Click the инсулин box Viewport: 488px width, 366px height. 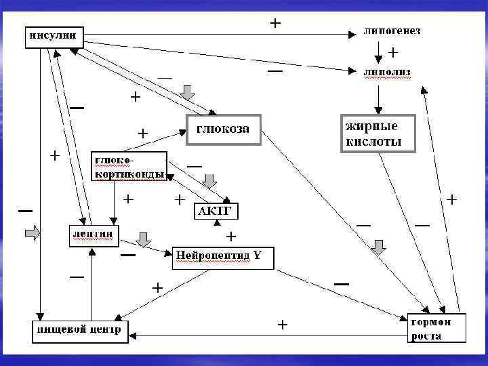coord(55,35)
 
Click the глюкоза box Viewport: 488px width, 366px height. coord(223,129)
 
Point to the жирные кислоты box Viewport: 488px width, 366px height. coord(376,133)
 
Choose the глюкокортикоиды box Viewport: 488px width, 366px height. coord(129,166)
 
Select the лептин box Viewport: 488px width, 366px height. coord(92,235)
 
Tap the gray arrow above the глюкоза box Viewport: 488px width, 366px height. coord(188,91)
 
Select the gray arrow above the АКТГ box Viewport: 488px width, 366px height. coord(210,180)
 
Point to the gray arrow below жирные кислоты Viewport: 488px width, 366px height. coord(379,247)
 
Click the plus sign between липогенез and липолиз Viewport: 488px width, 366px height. coord(392,51)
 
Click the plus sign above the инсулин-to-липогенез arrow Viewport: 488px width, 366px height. coord(275,22)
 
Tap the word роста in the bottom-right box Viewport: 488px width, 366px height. coord(426,336)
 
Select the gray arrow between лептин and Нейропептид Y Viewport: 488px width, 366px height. coord(143,240)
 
